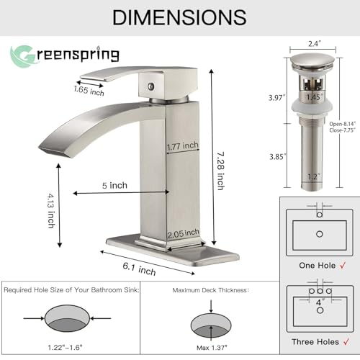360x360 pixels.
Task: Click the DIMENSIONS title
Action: [x=179, y=17]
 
